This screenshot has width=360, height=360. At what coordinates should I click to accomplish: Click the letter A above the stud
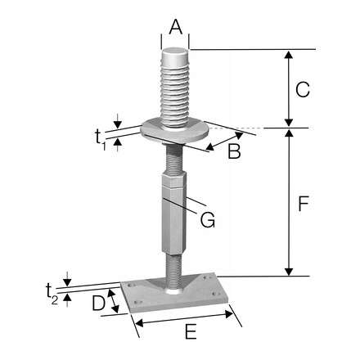click(174, 26)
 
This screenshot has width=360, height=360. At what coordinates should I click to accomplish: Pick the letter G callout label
click(209, 219)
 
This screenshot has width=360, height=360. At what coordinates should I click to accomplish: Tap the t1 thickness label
click(101, 135)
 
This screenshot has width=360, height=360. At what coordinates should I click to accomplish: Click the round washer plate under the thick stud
click(174, 129)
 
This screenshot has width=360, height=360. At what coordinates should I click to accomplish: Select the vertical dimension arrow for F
click(287, 202)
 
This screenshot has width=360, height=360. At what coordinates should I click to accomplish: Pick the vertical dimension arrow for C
click(287, 88)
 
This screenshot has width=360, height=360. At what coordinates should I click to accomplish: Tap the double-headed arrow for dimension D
click(116, 302)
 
